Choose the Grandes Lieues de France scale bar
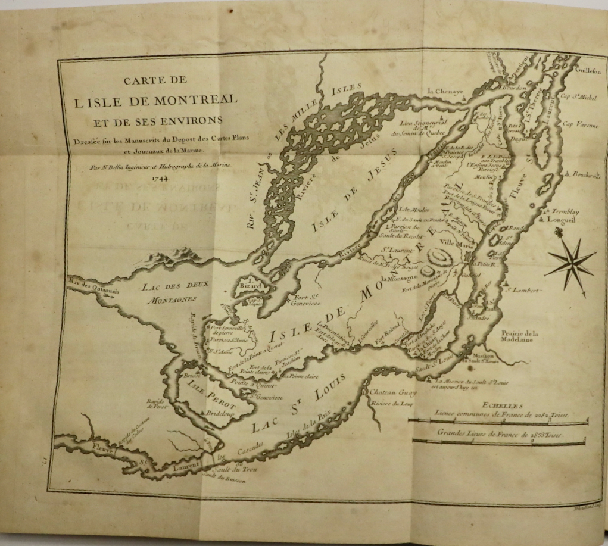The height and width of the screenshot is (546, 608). pyautogui.click(x=499, y=441)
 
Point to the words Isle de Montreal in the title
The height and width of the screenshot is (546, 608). pyautogui.click(x=155, y=100)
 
